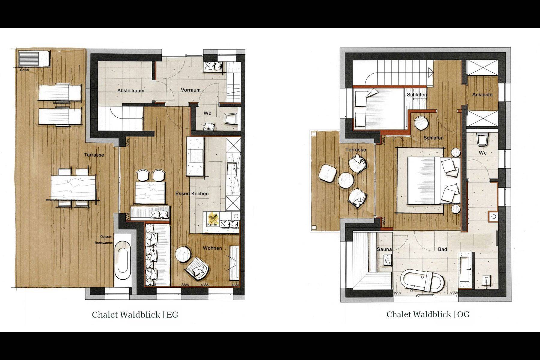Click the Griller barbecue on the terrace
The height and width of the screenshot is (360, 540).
[x=34, y=58]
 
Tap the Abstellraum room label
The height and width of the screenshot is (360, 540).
[x=131, y=90]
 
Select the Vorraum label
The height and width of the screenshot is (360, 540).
[x=190, y=90]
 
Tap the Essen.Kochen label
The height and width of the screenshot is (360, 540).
[x=192, y=193]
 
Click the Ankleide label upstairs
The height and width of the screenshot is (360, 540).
[x=482, y=94]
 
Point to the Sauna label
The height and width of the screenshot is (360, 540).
[x=384, y=249]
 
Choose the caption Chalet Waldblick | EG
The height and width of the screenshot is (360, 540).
[x=135, y=315]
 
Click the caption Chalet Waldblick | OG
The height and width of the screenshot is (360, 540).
[x=428, y=314]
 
